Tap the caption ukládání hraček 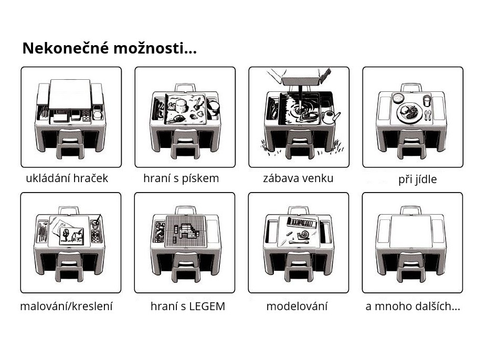click(x=67, y=178)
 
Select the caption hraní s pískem click(x=181, y=178)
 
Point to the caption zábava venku click(x=298, y=178)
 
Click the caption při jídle click(x=417, y=179)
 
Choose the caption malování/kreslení click(x=66, y=306)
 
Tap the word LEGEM click(x=207, y=306)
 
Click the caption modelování click(x=297, y=306)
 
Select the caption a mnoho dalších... click(x=413, y=306)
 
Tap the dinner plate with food click(x=410, y=113)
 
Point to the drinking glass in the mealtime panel click(x=427, y=101)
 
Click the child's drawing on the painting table click(x=72, y=236)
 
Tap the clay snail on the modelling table click(x=303, y=236)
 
